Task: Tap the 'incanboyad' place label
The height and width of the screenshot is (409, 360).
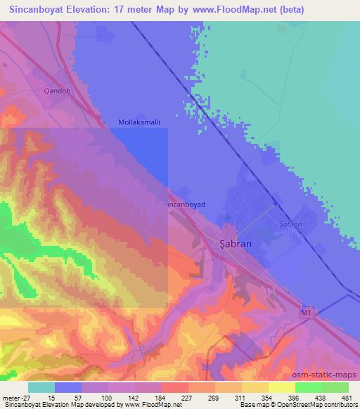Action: tap(186, 204)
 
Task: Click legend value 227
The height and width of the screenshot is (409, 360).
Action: tap(168, 397)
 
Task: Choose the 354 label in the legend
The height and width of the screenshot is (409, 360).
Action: tap(258, 397)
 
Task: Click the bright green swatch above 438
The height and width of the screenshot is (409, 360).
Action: tap(308, 387)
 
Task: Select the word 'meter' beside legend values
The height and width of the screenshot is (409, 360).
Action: tap(8, 397)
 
